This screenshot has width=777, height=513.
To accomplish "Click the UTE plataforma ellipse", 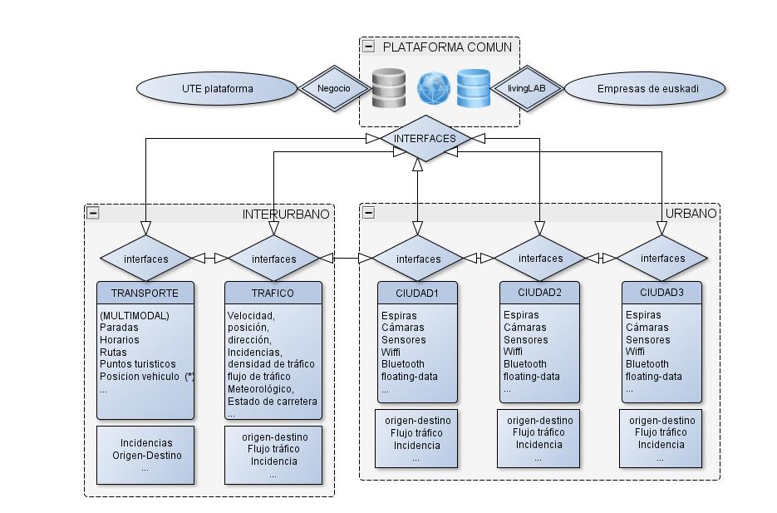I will [x=217, y=88].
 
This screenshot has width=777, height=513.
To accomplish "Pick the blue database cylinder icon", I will [x=474, y=88].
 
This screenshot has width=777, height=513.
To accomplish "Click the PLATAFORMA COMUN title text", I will [x=447, y=47].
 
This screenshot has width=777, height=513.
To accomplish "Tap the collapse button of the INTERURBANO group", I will [x=93, y=213].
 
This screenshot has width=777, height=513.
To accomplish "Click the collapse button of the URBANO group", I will [x=368, y=213].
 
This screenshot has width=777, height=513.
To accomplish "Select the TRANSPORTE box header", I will [x=145, y=293].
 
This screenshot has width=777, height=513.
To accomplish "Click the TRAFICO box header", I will [x=273, y=293].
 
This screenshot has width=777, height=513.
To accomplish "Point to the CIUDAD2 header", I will [x=540, y=293].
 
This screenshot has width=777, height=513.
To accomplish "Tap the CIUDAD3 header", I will [x=662, y=293].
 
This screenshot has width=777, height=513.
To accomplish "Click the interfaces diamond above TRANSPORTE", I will [x=145, y=259].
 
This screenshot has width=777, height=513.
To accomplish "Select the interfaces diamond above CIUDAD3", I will [x=662, y=259].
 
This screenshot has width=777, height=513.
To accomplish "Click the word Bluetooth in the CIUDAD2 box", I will [x=525, y=364].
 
